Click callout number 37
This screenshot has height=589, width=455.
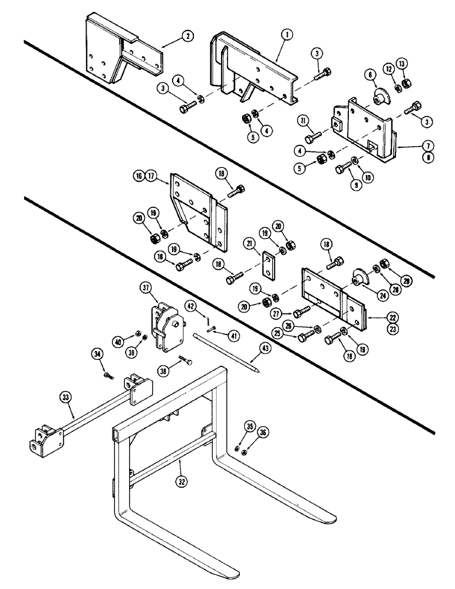coord(146,287)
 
